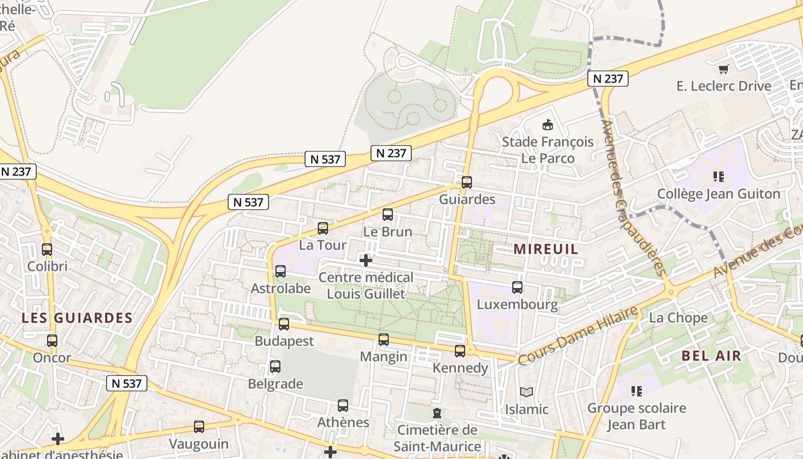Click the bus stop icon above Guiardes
click(467, 182)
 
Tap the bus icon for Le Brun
click(388, 215)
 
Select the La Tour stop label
click(323, 245)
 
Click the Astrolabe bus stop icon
click(280, 271)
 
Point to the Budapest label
click(284, 341)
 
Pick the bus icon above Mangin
click(384, 340)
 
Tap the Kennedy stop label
click(461, 368)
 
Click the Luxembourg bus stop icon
click(517, 287)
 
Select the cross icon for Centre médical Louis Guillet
click(366, 260)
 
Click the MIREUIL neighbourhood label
click(545, 249)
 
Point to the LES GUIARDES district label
click(77, 318)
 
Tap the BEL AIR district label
click(711, 356)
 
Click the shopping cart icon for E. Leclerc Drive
click(724, 69)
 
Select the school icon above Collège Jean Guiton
click(718, 177)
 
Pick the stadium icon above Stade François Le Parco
click(548, 125)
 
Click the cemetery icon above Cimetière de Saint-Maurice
click(437, 413)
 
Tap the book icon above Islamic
click(527, 392)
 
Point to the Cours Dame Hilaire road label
click(578, 336)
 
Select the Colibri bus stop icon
click(47, 250)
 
